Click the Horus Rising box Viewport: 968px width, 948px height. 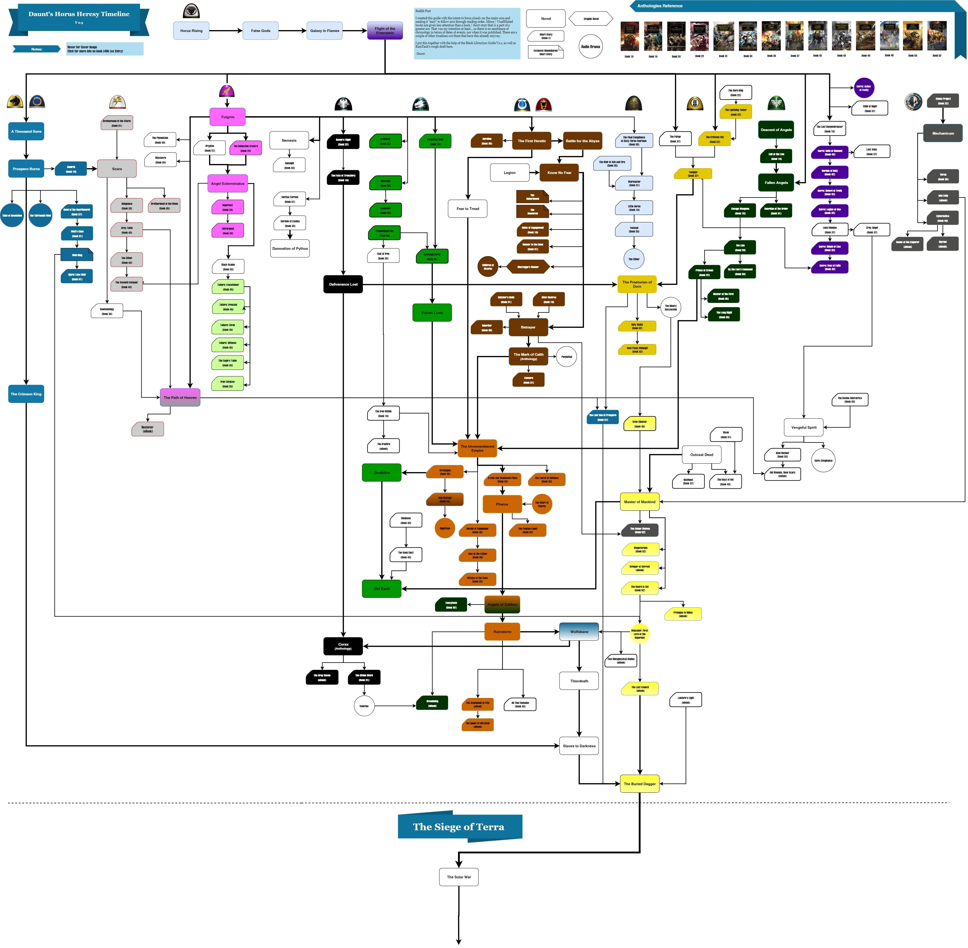click(191, 31)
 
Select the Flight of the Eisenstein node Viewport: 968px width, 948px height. click(385, 31)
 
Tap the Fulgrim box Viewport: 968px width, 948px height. click(228, 117)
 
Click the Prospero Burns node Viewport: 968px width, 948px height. click(26, 169)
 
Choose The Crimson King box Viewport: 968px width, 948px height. click(26, 394)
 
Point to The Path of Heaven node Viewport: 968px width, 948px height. click(180, 397)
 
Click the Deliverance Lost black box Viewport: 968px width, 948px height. click(343, 284)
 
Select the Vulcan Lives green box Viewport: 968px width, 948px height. click(432, 313)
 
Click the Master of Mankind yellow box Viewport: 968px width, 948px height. click(639, 502)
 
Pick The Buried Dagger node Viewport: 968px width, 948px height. click(639, 784)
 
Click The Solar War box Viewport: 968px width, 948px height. click(459, 877)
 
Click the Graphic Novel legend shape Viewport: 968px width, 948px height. click(591, 19)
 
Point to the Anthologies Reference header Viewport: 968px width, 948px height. click(660, 6)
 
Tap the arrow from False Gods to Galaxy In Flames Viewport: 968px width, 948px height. click(292, 31)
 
